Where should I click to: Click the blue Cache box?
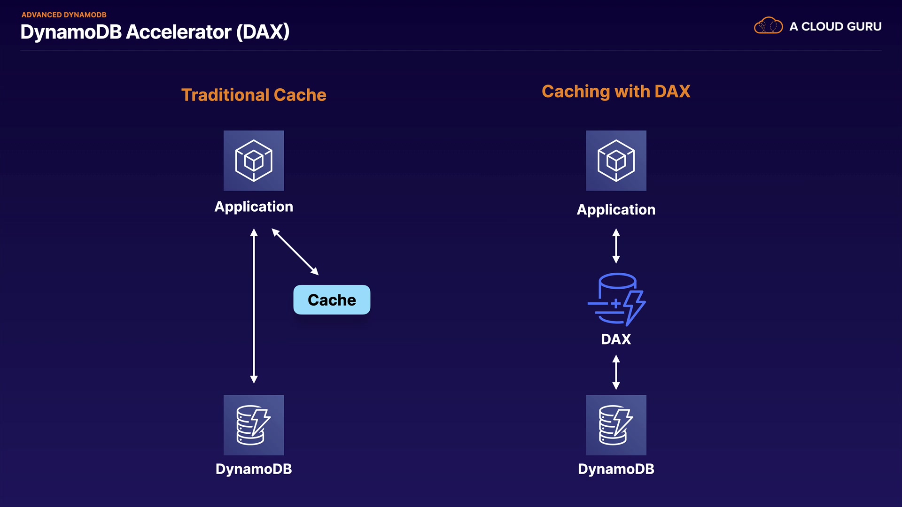tap(332, 300)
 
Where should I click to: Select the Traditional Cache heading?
tap(254, 95)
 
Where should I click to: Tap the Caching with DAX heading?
tap(616, 92)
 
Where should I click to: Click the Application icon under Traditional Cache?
tap(254, 161)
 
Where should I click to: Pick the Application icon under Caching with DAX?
tap(616, 161)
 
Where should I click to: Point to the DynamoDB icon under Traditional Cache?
tap(254, 425)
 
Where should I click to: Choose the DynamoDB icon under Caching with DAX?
tap(616, 425)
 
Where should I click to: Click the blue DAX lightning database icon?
tap(616, 299)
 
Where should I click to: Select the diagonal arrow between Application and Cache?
tap(295, 252)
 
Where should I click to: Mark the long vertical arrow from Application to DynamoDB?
tap(254, 306)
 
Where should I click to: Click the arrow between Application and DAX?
tap(616, 246)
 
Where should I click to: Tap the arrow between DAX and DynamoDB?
tap(616, 372)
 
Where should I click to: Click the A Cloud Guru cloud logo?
tap(768, 26)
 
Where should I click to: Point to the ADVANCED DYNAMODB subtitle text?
tap(64, 15)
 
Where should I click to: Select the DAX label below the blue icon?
tap(616, 339)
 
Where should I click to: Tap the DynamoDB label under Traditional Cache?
tap(254, 469)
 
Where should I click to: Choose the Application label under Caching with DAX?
tap(616, 209)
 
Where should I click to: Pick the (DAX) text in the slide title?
tap(263, 32)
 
